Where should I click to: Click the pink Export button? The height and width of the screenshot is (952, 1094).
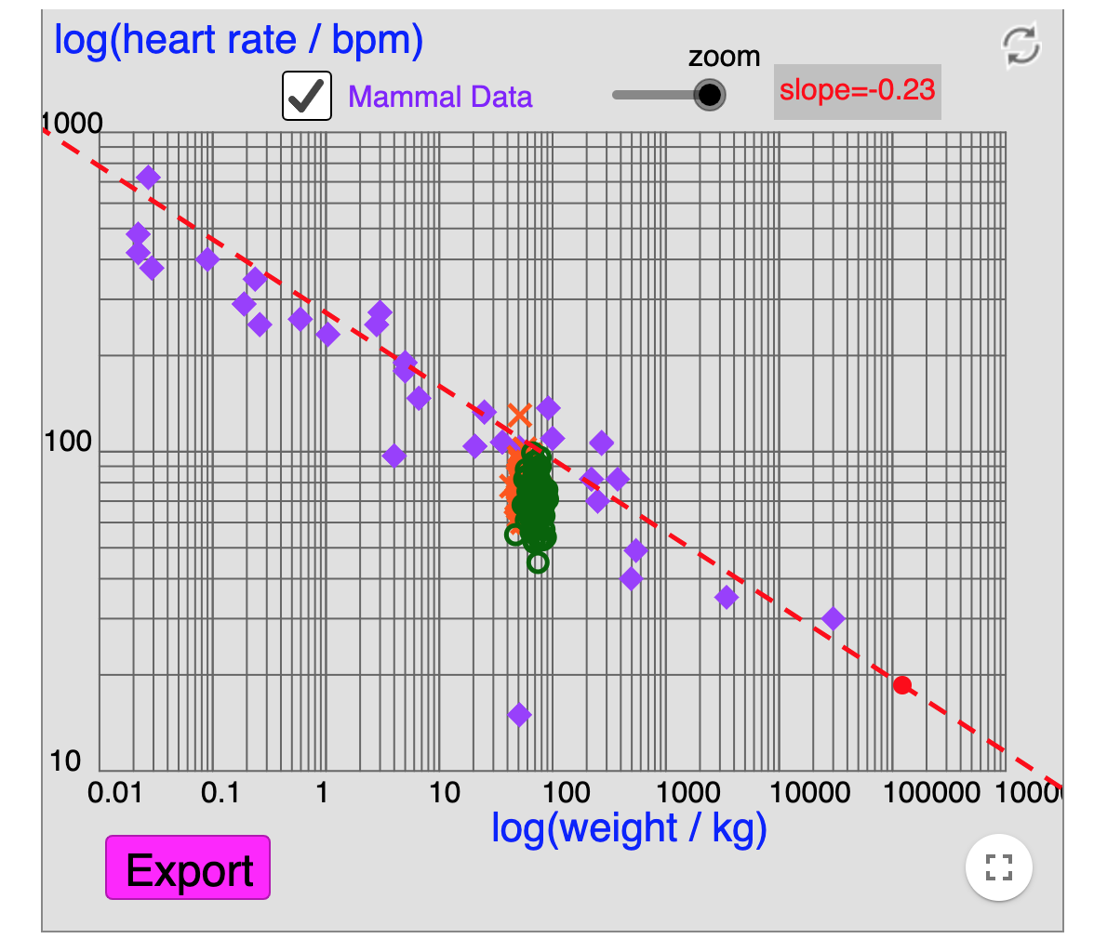(188, 867)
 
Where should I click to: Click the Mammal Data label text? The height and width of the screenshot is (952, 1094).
(440, 97)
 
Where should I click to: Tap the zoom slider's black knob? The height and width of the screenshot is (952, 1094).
(710, 94)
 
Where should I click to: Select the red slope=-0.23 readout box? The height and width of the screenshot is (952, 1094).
(857, 91)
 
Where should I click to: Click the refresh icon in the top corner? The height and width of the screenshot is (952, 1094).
(1021, 46)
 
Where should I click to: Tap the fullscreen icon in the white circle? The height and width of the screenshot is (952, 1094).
(998, 868)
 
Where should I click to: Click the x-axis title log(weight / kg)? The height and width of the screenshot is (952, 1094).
(629, 827)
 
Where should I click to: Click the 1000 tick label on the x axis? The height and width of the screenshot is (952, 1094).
(691, 795)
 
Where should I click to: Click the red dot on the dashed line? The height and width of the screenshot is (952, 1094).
(901, 685)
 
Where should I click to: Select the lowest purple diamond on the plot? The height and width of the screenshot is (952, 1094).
(519, 714)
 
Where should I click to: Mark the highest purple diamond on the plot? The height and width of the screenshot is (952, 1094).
(148, 178)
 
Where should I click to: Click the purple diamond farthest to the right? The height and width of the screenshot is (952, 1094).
(834, 618)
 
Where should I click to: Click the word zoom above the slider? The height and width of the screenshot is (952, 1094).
(724, 57)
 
